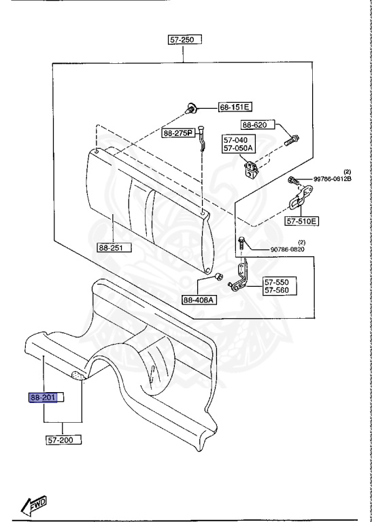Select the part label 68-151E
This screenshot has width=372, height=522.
235,107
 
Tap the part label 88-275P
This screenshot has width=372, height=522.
178,133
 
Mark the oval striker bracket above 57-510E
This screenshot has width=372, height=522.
297,203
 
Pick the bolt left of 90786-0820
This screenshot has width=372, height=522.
242,242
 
